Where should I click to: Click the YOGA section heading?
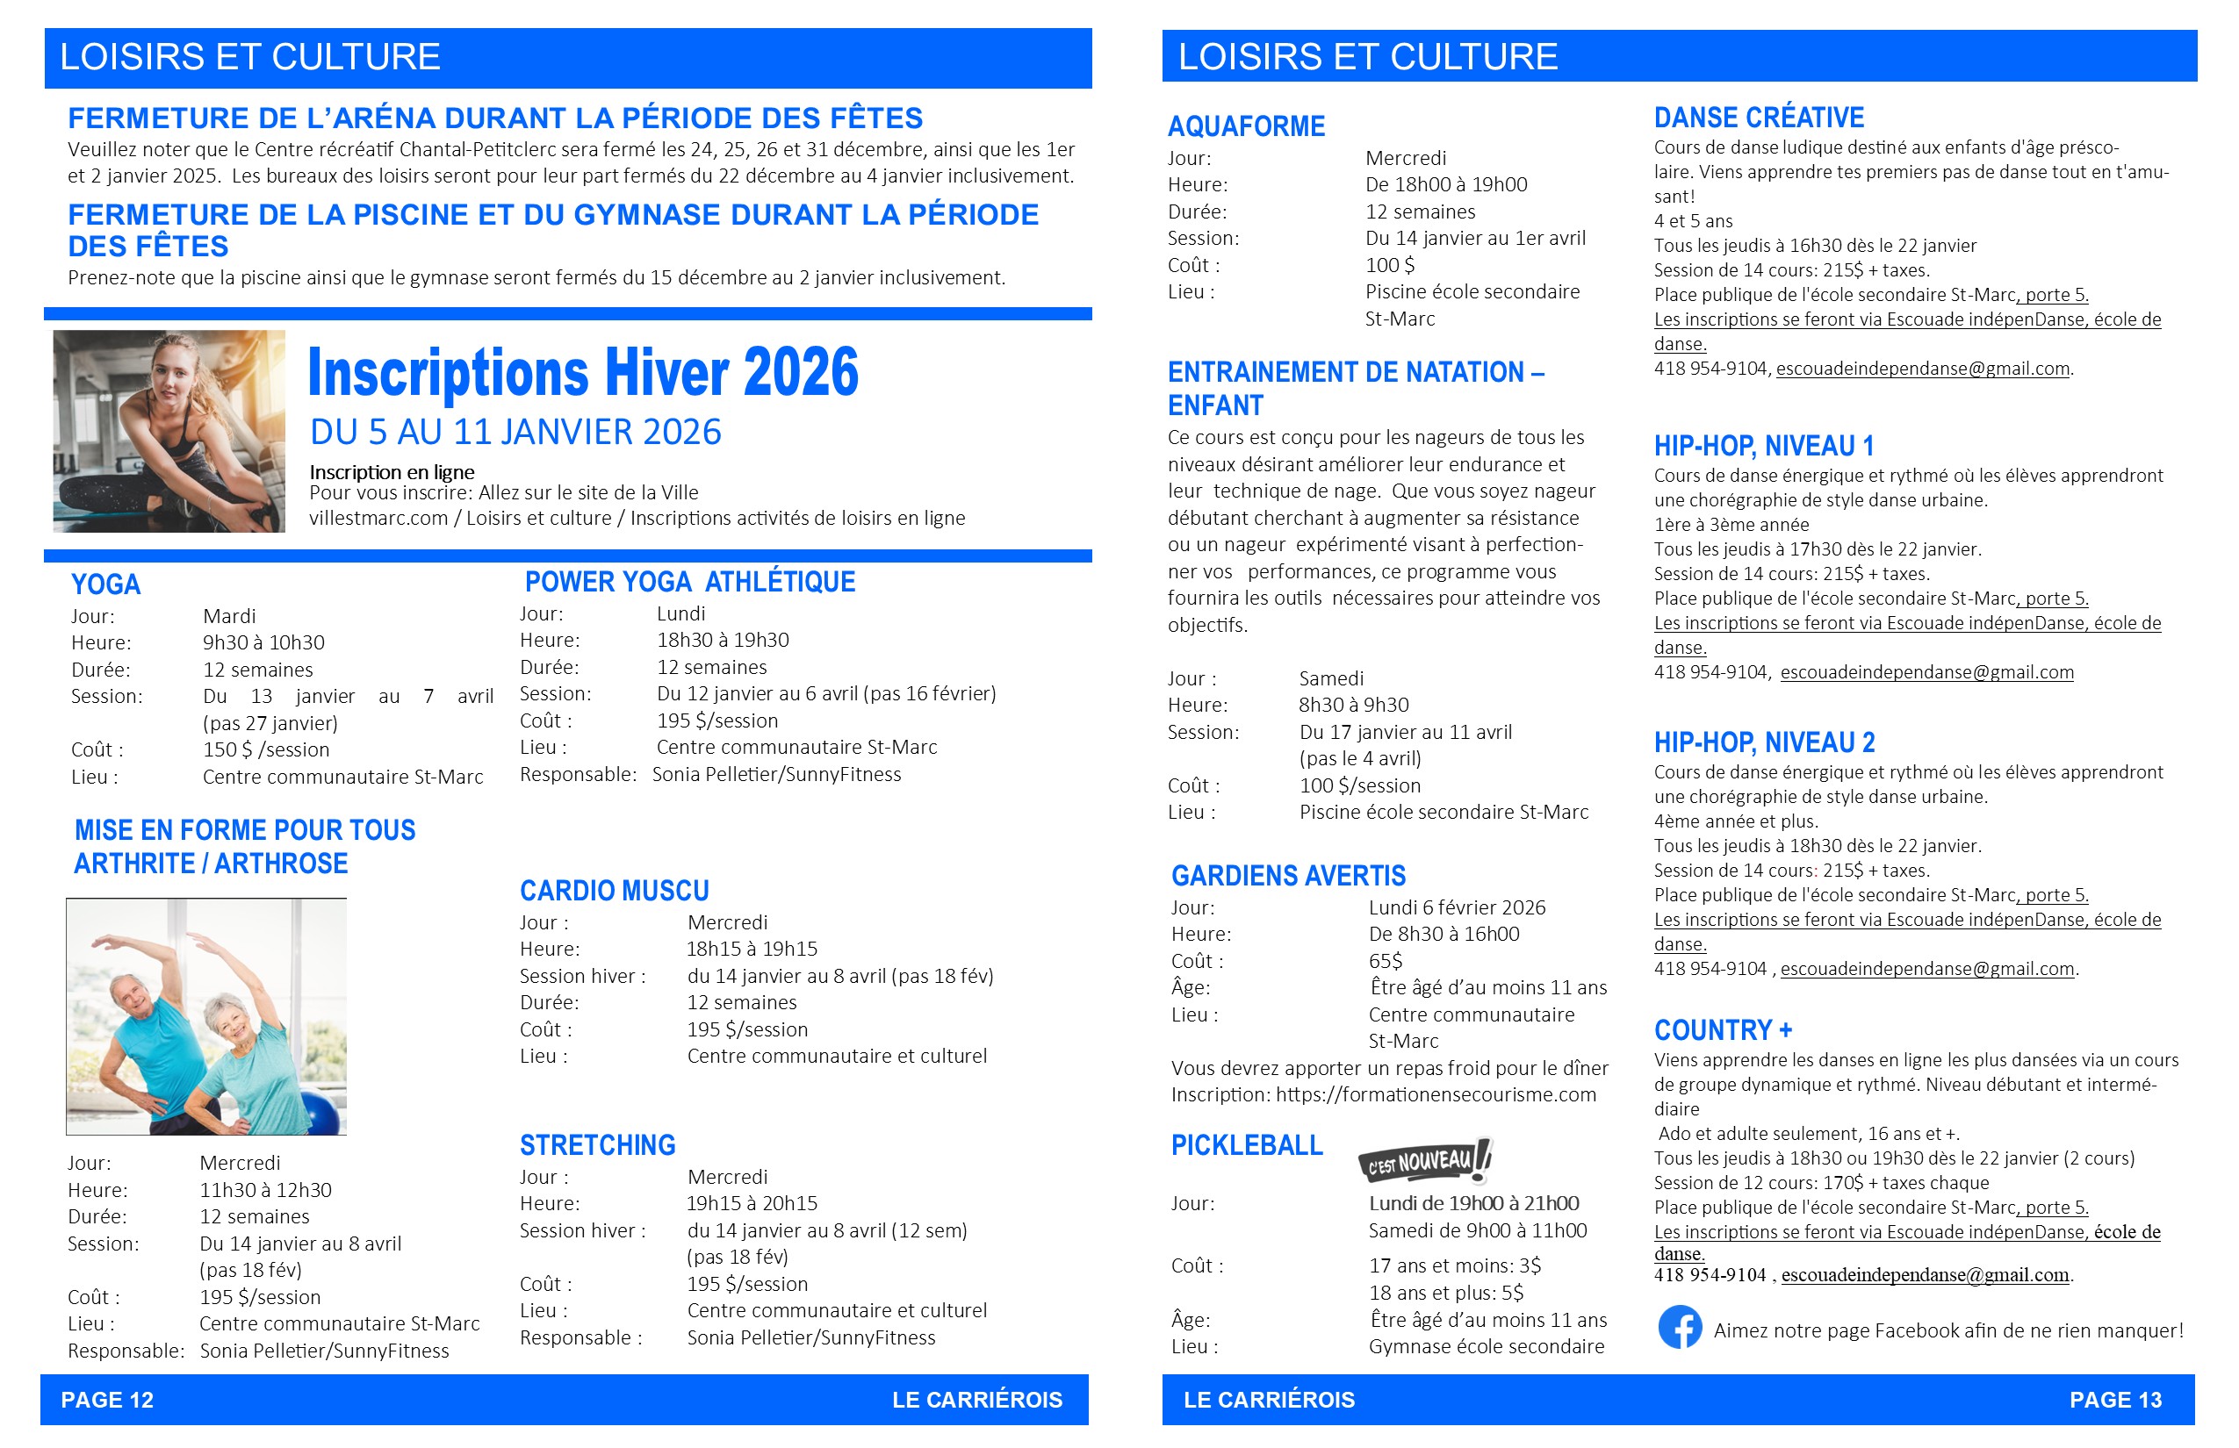tap(105, 584)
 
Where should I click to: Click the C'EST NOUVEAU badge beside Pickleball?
tap(1424, 1161)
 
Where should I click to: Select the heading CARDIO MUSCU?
tap(615, 891)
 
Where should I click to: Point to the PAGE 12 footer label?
tap(106, 1400)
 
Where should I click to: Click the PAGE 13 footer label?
tap(2115, 1400)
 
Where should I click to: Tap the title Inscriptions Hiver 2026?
tap(583, 372)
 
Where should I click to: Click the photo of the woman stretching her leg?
tap(169, 431)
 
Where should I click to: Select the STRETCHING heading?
tap(597, 1145)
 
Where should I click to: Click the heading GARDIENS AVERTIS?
tap(1288, 877)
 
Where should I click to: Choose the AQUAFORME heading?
tap(1246, 126)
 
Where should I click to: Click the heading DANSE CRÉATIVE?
tap(1758, 118)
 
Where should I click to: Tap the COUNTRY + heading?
tap(1723, 1030)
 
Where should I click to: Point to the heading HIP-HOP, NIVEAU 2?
tap(1764, 742)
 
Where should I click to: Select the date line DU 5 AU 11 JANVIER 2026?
tap(515, 433)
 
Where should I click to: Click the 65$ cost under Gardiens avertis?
tap(1385, 961)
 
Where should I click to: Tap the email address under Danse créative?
tap(1922, 369)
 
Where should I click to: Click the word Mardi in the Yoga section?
tap(228, 616)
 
